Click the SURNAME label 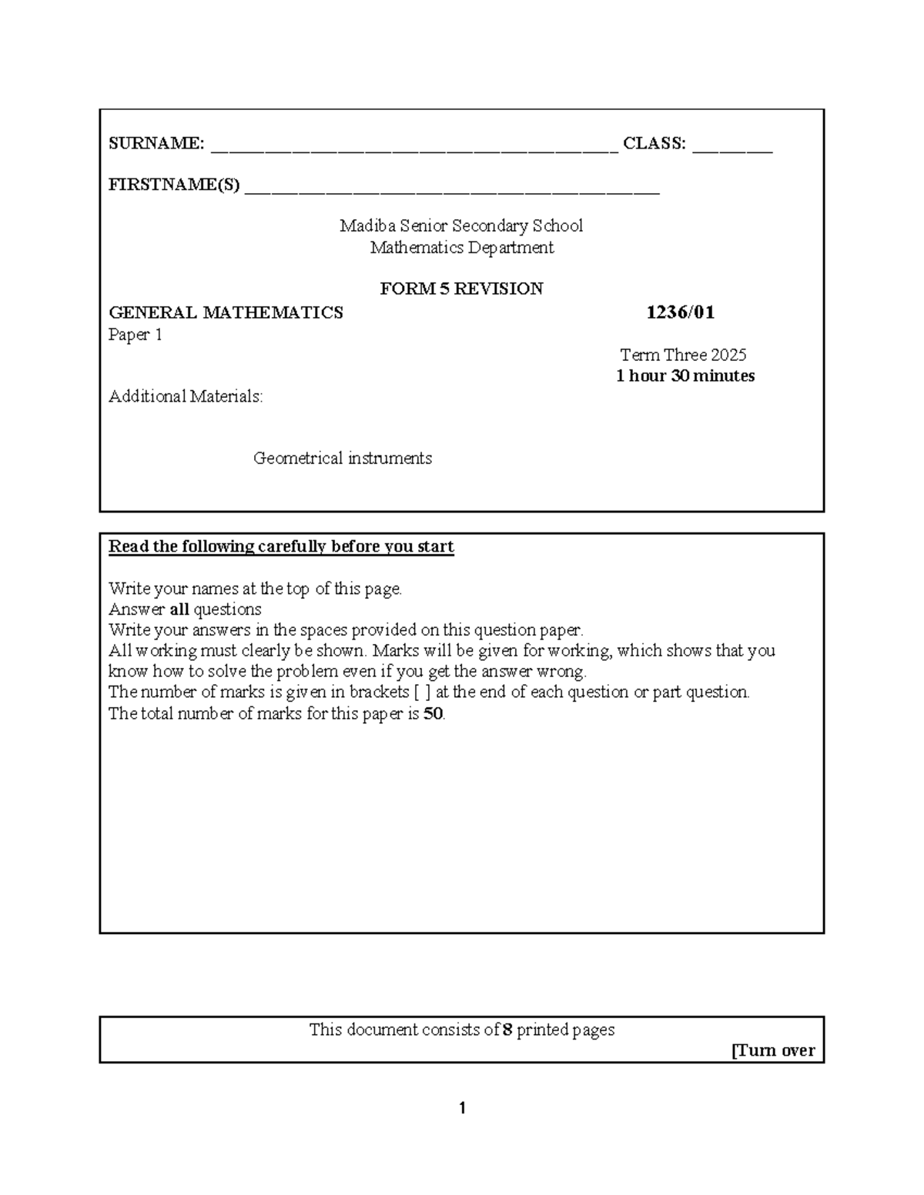(x=156, y=143)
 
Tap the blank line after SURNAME (x=413, y=148)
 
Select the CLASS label (x=654, y=143)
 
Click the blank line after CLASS (x=732, y=148)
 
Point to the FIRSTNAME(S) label (x=174, y=185)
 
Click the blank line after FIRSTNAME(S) (x=452, y=189)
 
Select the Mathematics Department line (x=461, y=248)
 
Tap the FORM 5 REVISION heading (x=461, y=289)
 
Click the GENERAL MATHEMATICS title (x=226, y=312)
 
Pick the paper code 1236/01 (x=680, y=312)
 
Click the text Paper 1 (x=136, y=335)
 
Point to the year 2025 (x=728, y=355)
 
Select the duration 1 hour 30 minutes (x=685, y=376)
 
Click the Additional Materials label (x=186, y=397)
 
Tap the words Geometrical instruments (x=343, y=459)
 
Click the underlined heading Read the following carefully (x=281, y=547)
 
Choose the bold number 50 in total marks (x=434, y=713)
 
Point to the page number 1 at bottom (x=462, y=1108)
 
